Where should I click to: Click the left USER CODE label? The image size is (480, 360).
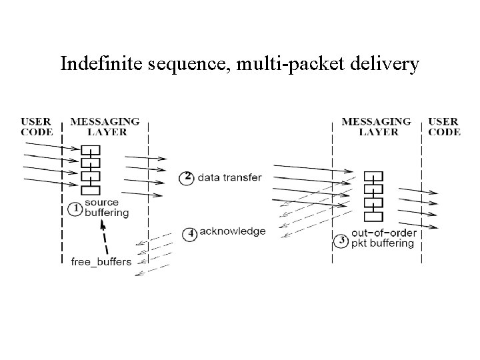tap(35, 127)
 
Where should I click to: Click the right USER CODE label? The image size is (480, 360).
tap(444, 127)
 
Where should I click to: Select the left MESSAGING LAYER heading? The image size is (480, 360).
tap(105, 127)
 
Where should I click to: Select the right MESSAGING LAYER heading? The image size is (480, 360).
tap(377, 127)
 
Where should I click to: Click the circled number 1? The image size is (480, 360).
tap(76, 209)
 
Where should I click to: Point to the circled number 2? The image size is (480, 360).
tap(188, 177)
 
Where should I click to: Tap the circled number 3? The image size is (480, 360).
tap(342, 241)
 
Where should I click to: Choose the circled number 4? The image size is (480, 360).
tap(190, 233)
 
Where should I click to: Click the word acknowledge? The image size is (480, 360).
tap(233, 232)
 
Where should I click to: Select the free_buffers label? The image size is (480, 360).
tap(101, 261)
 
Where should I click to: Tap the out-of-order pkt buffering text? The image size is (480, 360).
tap(383, 238)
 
